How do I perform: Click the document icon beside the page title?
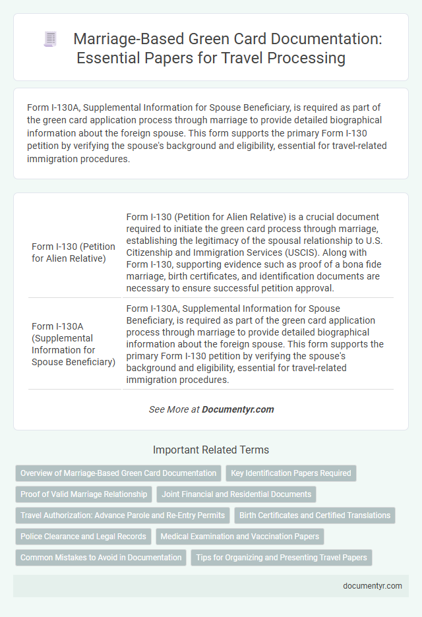click(50, 40)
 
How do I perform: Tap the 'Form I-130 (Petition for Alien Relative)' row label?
click(73, 252)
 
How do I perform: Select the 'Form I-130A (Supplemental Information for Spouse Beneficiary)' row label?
click(73, 343)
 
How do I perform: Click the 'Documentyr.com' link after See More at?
click(238, 409)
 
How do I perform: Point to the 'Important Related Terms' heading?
click(211, 450)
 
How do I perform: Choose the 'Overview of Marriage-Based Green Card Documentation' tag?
click(118, 473)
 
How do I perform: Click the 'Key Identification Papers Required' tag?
click(291, 473)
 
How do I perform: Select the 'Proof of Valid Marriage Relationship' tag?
click(84, 494)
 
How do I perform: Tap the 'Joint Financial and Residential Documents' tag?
click(237, 494)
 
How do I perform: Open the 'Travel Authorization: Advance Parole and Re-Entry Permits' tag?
click(123, 515)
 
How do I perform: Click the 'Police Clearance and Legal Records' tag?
click(84, 536)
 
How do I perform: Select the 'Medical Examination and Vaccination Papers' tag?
click(239, 536)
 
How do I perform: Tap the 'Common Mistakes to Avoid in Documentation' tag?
click(101, 557)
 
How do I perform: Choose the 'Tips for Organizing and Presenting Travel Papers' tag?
click(282, 557)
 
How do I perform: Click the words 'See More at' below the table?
click(174, 409)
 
